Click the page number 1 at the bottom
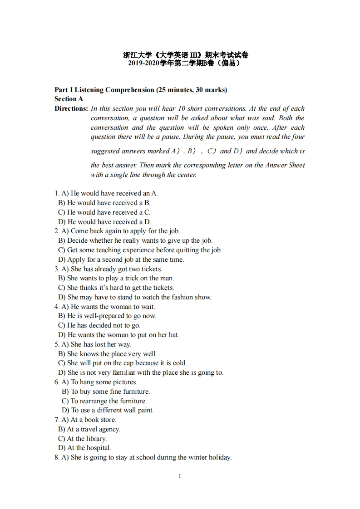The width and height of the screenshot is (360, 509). point(180,476)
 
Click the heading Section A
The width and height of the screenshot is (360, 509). point(69,99)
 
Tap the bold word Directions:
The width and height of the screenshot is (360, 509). point(71,108)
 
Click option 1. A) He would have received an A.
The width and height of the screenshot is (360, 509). point(109,193)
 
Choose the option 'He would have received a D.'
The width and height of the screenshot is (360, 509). point(109,222)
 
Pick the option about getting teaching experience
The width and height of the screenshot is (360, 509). point(144,250)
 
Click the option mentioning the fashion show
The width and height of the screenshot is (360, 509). point(139,297)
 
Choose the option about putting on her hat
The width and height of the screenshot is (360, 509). point(123,335)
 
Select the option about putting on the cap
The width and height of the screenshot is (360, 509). point(127,363)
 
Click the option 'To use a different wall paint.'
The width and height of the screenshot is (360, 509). point(112,410)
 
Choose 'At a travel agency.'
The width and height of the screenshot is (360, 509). point(94,429)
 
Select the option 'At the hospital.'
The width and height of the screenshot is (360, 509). point(89,448)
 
